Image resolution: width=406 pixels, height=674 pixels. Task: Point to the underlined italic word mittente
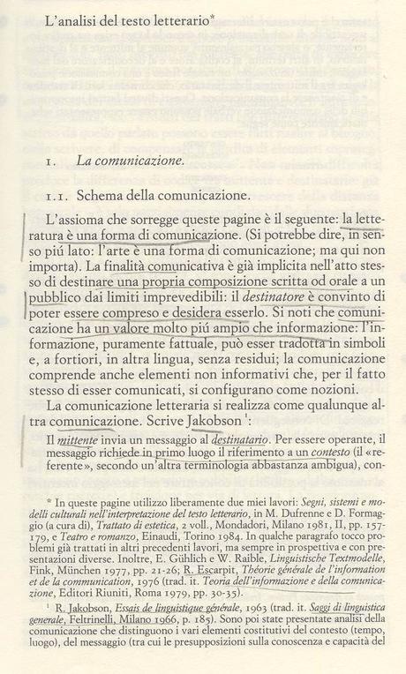pos(86,438)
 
